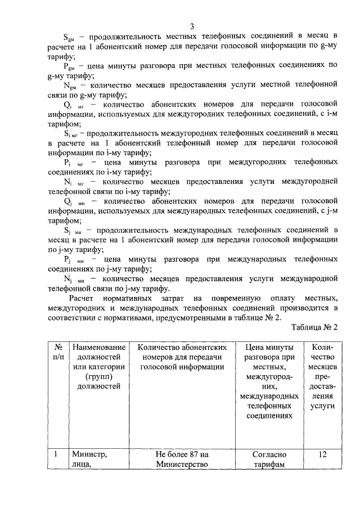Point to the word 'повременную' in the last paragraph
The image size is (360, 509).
tap(235, 298)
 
